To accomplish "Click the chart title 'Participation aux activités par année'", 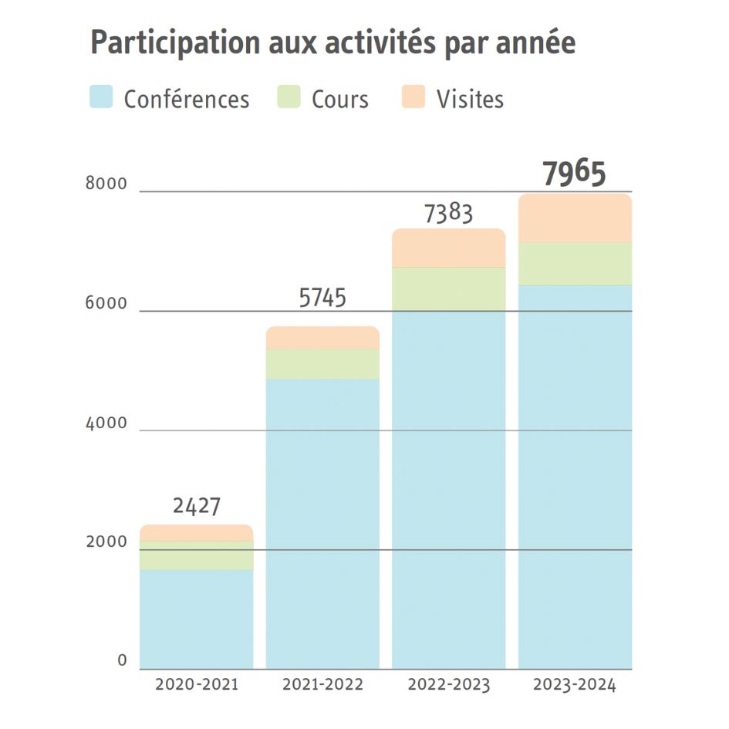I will point(332,44).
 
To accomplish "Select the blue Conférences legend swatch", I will point(101,98).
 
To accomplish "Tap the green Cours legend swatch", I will point(289,98).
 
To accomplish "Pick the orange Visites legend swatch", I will point(413,98).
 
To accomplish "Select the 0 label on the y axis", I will point(122,660).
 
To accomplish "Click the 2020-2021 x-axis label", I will point(196,684).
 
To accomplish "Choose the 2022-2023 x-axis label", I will point(448,684).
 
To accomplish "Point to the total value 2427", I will point(196,507).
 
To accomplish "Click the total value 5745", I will point(322,298).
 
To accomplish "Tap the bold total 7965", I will point(574,174).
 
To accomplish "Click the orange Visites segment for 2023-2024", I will point(575,218).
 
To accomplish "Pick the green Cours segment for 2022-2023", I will point(448,289).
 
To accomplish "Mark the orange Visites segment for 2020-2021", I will point(196,533).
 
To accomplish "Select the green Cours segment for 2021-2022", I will point(322,363).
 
